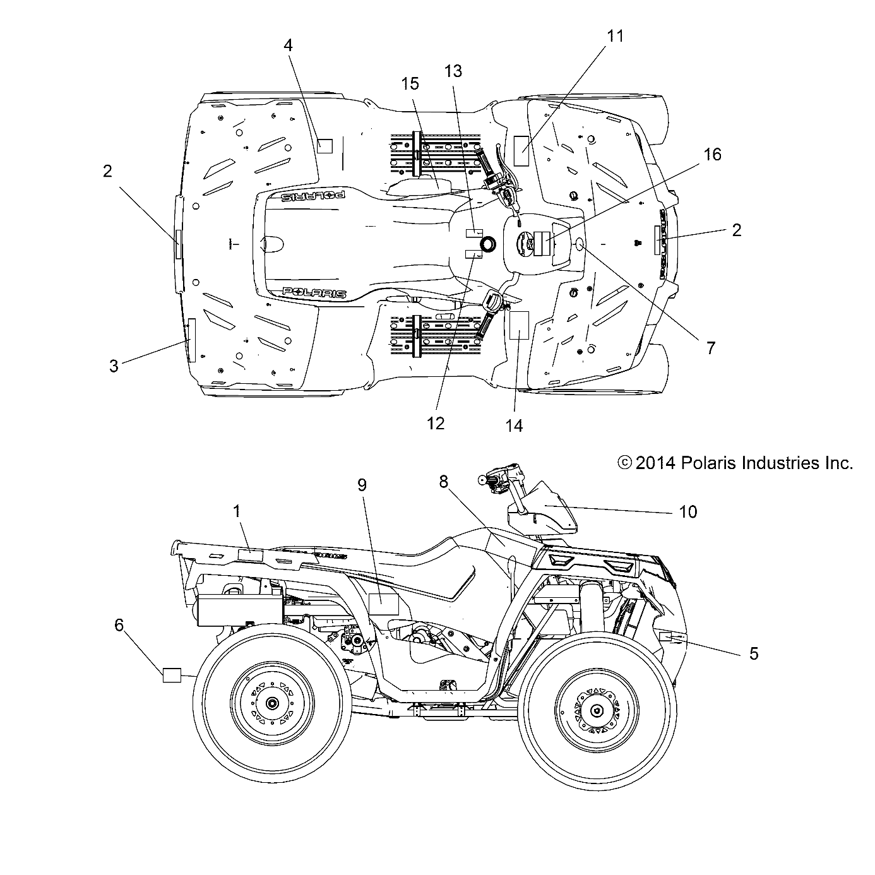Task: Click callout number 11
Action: click(x=614, y=37)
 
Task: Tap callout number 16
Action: click(x=712, y=154)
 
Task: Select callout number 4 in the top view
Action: click(x=288, y=45)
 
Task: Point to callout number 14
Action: click(x=515, y=426)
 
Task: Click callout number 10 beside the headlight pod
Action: click(x=688, y=511)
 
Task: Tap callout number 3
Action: click(x=114, y=366)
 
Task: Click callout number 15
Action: click(x=410, y=83)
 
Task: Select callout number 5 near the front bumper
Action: click(x=753, y=653)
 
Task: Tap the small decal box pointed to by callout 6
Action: click(x=172, y=675)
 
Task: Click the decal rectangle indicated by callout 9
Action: click(x=383, y=604)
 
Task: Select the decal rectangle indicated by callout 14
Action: click(x=518, y=325)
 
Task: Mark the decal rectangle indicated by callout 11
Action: click(x=521, y=150)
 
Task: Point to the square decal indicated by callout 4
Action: click(x=324, y=146)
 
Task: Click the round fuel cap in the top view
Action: click(x=488, y=244)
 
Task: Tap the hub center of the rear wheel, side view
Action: click(x=272, y=703)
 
